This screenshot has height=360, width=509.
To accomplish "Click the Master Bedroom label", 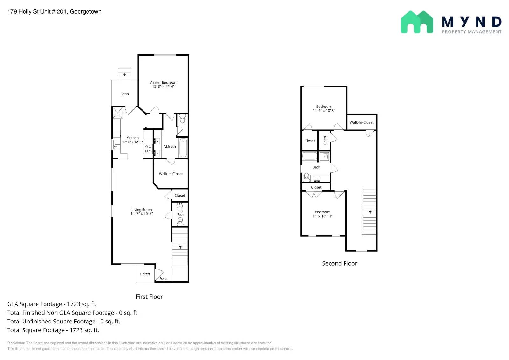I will click(x=163, y=82).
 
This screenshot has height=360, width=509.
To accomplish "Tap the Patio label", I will click(x=124, y=94).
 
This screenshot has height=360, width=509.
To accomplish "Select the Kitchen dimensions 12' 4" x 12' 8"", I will click(x=132, y=142).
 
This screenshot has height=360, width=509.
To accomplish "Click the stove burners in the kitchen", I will click(x=148, y=149).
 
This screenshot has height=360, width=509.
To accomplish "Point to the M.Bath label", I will click(x=170, y=147).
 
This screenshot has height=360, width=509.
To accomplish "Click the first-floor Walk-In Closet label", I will click(x=171, y=174).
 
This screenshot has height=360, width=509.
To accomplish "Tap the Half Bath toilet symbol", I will click(x=180, y=221).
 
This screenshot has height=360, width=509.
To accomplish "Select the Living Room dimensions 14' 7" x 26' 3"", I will click(x=142, y=214).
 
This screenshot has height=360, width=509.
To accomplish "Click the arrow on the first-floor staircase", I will click(x=180, y=247).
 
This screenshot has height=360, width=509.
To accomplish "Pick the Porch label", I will click(x=145, y=274).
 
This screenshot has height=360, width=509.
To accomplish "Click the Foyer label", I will click(x=164, y=279).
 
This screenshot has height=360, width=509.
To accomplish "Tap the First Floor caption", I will click(x=149, y=297).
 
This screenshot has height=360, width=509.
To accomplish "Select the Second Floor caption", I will click(x=339, y=263).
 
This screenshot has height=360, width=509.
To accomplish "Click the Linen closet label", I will click(x=325, y=140).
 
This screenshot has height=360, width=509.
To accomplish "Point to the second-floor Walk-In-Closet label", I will click(x=361, y=122).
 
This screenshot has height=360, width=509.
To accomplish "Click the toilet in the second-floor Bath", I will click(x=306, y=177).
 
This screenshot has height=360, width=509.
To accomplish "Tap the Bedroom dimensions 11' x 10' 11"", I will click(x=323, y=216).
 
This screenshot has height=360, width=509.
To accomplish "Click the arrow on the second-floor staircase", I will click(x=370, y=212).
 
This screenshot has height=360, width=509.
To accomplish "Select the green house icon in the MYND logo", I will click(x=417, y=22).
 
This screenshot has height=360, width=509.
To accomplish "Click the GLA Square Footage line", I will click(x=52, y=304).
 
